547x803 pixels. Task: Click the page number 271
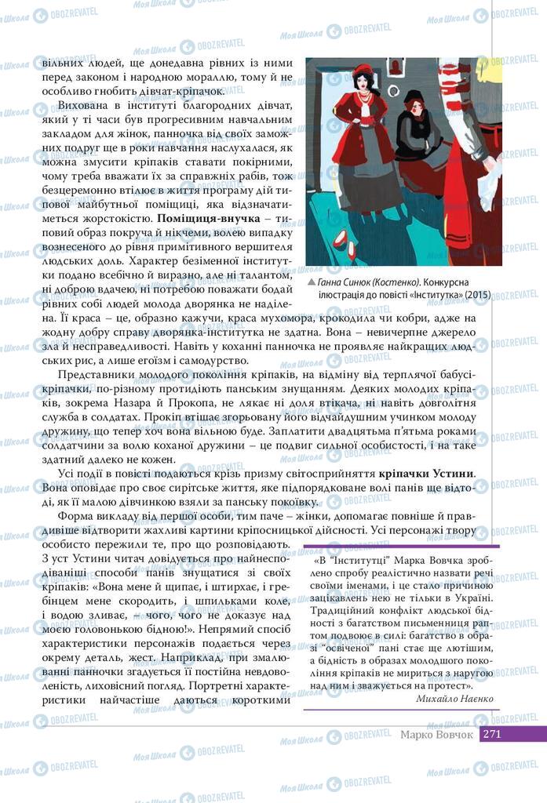tap(493, 735)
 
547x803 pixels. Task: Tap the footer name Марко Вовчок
tap(436, 735)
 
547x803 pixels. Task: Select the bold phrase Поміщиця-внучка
tap(208, 216)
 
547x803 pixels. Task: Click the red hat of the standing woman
tap(363, 71)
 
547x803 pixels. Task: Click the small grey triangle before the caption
tap(312, 282)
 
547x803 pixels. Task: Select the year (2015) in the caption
tap(478, 295)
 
